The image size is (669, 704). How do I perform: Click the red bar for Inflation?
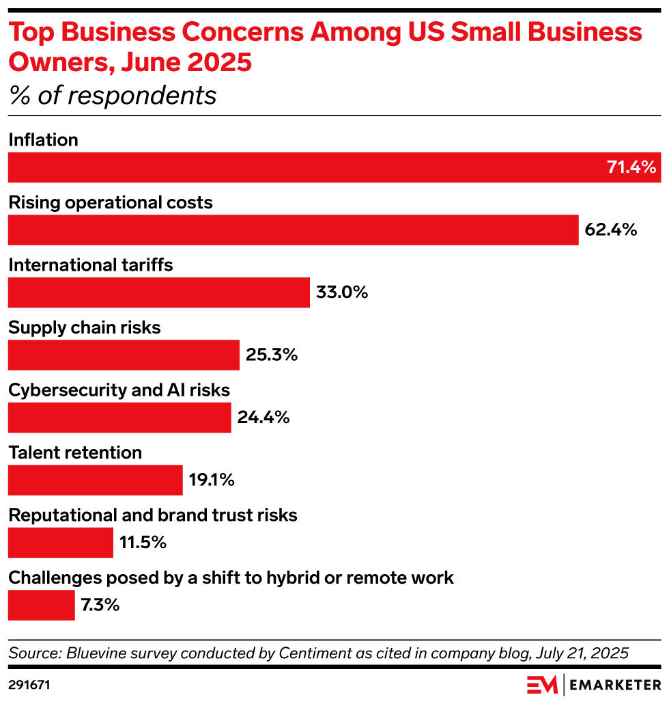point(307,167)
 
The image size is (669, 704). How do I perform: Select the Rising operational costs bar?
point(294,230)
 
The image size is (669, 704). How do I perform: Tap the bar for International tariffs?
point(158,293)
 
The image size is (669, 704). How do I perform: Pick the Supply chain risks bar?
point(124,355)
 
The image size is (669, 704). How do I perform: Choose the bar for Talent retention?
point(95,480)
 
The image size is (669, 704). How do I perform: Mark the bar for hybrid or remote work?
point(41,605)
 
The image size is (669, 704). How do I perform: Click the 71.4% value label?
point(631,167)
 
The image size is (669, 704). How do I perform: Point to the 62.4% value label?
point(611,230)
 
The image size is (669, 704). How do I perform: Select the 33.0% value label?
point(342,293)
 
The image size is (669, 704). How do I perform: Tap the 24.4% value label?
point(264,418)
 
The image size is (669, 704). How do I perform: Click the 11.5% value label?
point(143,543)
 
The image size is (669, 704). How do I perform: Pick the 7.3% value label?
point(100,605)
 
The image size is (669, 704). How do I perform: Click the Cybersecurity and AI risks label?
point(119,390)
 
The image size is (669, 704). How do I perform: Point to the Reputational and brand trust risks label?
point(153,515)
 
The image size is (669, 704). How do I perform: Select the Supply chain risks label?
point(85,328)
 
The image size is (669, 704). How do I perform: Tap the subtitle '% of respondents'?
point(113,96)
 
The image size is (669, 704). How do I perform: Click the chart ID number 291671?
point(29,683)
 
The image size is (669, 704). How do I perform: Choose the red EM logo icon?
point(542,684)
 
